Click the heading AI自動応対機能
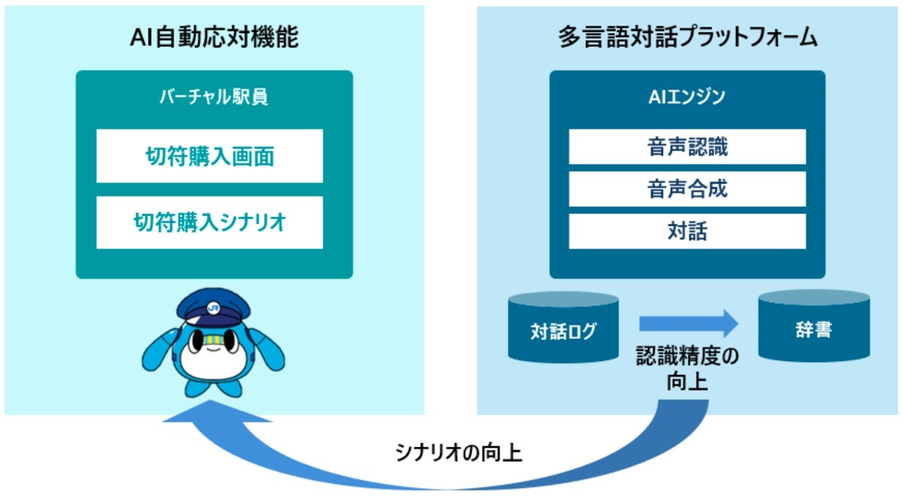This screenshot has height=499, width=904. [214, 37]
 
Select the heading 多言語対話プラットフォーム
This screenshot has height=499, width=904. [688, 37]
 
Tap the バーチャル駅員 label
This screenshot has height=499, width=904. [214, 97]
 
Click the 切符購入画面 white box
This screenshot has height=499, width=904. [209, 156]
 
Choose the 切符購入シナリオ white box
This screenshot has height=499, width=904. [209, 223]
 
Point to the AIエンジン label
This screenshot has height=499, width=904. [687, 97]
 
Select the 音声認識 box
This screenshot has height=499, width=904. [687, 147]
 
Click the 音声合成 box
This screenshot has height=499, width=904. [687, 189]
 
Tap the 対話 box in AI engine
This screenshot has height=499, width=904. [687, 231]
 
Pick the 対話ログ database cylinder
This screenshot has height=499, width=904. [563, 327]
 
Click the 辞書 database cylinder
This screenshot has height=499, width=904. [814, 326]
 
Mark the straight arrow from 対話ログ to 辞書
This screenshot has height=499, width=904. [689, 324]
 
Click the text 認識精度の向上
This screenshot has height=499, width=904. [687, 368]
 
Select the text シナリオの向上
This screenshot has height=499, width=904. [459, 452]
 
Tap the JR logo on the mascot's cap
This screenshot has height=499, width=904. [213, 309]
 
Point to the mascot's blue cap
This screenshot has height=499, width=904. [213, 307]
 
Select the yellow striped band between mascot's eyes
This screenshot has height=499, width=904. [213, 340]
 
